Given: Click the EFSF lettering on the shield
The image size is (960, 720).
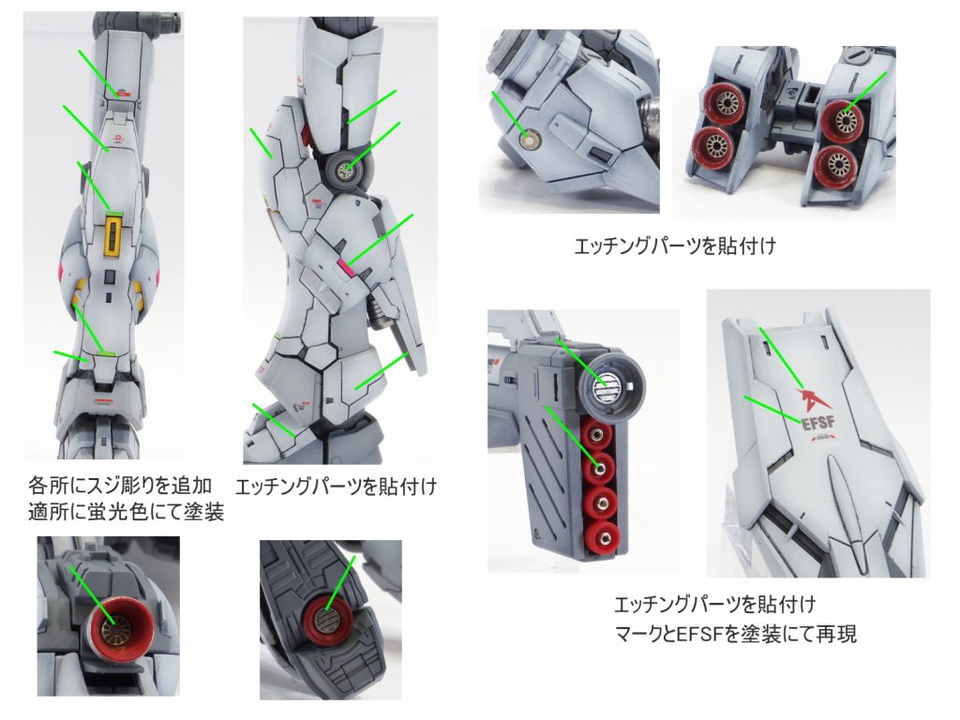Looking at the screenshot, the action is click(x=817, y=423).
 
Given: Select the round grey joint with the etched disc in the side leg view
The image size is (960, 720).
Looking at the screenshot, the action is click(x=348, y=169).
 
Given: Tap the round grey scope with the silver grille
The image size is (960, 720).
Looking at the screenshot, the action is click(x=609, y=385).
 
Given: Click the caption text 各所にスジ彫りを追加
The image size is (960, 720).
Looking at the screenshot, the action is click(x=120, y=486).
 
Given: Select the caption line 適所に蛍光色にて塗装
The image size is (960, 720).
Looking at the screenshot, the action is click(x=127, y=512).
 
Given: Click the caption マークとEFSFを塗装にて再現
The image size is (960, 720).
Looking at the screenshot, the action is click(x=735, y=634).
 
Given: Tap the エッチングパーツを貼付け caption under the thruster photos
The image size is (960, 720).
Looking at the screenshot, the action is click(x=675, y=247).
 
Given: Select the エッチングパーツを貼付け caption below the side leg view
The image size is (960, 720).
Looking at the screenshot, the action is click(x=337, y=487).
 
